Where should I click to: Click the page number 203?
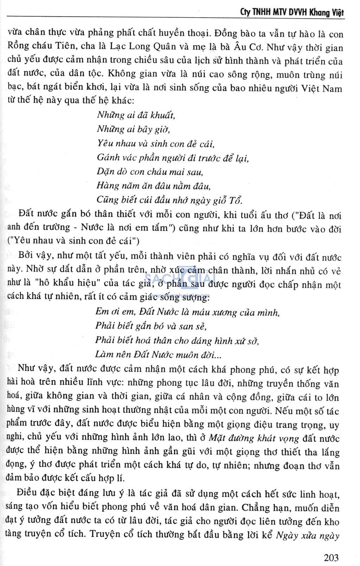coord(331,557)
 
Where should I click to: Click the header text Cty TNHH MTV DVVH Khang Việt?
coord(292,12)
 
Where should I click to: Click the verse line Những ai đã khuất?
coord(136,115)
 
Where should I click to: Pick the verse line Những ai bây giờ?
coord(134,129)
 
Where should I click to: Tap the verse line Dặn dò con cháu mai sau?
coord(150,172)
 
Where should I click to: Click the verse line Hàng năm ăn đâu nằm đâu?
coord(154,186)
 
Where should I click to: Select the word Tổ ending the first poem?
coord(236,200)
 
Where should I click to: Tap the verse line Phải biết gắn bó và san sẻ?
coord(151,326)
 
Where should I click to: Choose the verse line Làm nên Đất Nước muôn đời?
coord(158,354)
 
